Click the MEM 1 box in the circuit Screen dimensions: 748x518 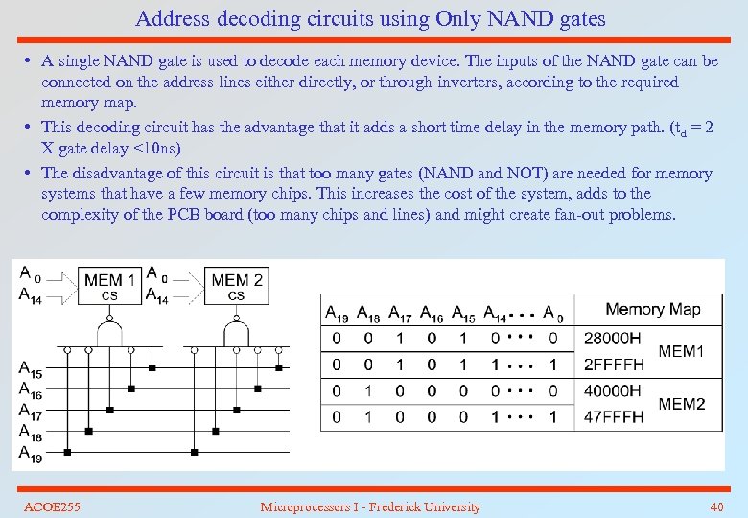[x=109, y=286]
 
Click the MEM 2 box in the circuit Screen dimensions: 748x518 [x=236, y=286]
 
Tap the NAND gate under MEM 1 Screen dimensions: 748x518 [x=109, y=332]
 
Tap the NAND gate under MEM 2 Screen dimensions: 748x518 [x=236, y=332]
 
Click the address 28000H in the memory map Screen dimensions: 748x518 [x=611, y=339]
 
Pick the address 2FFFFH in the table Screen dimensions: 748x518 [x=612, y=365]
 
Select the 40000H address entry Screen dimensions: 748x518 [x=611, y=390]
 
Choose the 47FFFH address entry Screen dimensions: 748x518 [x=611, y=417]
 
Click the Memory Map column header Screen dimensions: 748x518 [x=653, y=310]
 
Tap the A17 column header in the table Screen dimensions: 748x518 [x=400, y=312]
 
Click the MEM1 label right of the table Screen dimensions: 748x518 [x=681, y=351]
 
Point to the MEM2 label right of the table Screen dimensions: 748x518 [x=681, y=404]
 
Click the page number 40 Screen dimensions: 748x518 [x=716, y=506]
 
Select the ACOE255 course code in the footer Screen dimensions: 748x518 [x=52, y=506]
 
